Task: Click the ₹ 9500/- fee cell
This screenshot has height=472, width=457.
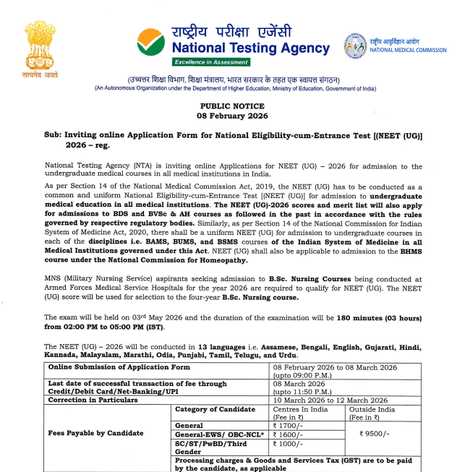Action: tap(376, 434)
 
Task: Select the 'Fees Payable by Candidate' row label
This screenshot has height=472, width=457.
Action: tap(95, 433)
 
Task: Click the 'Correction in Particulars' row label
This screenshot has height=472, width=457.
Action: tap(93, 400)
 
